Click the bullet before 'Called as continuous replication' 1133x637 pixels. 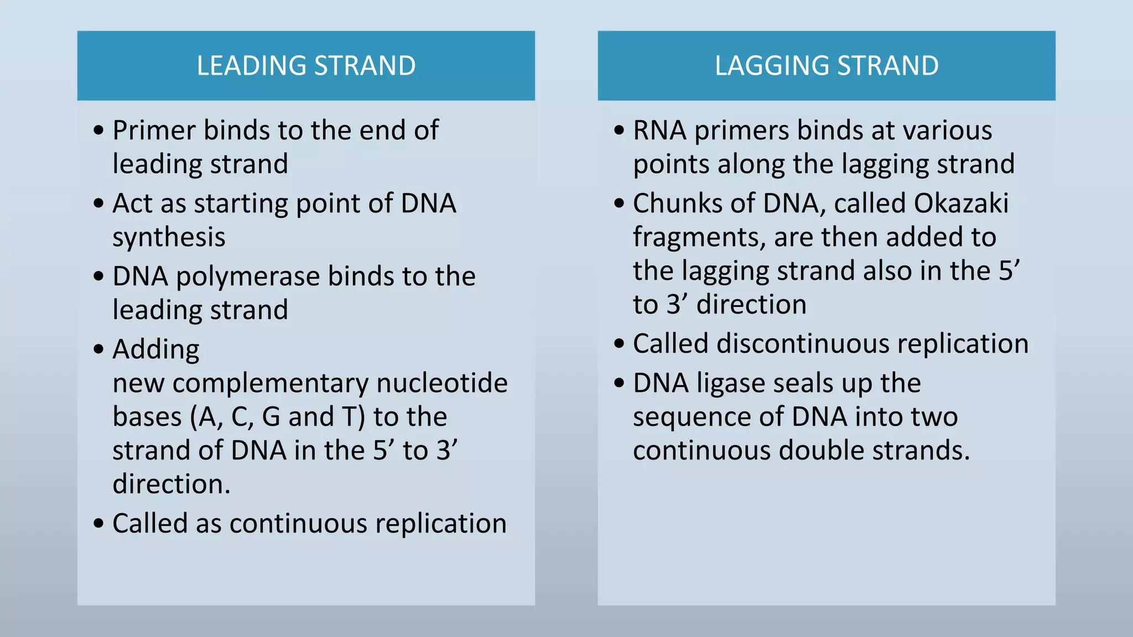click(98, 523)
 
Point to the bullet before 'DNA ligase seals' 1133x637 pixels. click(619, 383)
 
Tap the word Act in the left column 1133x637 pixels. click(133, 203)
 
